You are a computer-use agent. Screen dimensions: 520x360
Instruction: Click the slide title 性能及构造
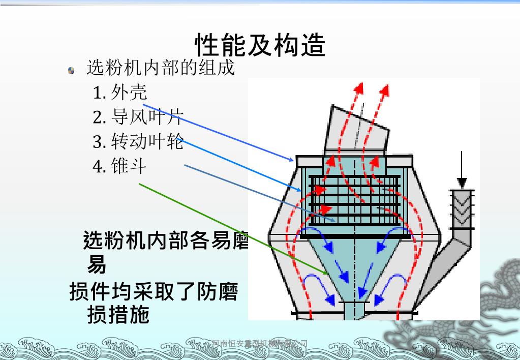(260, 45)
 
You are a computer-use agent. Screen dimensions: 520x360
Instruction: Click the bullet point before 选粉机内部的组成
(72, 71)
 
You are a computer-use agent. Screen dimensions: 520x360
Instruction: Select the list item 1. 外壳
(120, 92)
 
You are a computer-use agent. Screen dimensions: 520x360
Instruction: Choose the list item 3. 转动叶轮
(138, 141)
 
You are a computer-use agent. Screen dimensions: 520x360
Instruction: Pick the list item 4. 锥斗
(120, 166)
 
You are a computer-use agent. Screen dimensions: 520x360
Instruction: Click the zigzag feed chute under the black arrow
(462, 208)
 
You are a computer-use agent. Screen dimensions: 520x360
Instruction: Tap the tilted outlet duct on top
(356, 130)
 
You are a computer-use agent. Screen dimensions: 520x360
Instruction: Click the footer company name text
(260, 344)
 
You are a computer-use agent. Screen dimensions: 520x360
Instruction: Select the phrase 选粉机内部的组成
(161, 68)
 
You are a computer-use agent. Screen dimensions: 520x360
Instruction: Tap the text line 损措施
(118, 315)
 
